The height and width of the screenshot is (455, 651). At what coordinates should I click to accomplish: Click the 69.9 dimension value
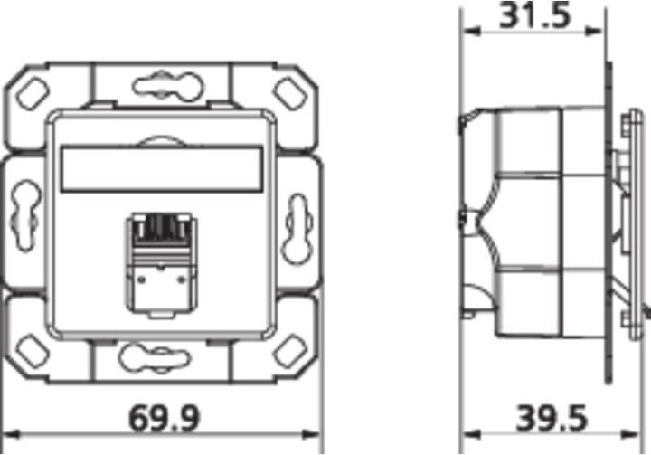click(162, 418)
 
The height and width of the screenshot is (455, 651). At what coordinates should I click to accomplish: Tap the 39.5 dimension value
click(552, 418)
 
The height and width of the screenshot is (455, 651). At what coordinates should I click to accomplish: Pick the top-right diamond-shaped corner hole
click(290, 90)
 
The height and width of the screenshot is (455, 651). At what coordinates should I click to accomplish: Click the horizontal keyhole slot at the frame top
click(162, 87)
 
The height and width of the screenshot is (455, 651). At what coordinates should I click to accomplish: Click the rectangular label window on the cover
click(163, 169)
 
